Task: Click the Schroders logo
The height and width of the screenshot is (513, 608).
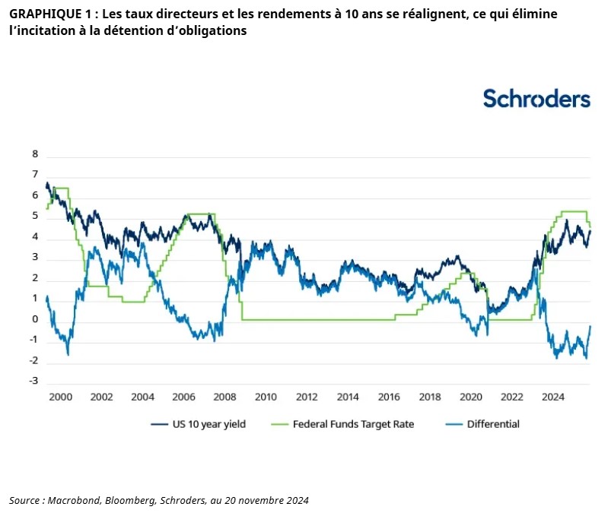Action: coord(536,99)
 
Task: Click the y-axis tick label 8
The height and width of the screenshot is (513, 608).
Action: coord(34,154)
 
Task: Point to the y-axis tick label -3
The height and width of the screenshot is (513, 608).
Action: coord(33,381)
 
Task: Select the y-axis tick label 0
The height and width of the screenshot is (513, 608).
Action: coord(34,319)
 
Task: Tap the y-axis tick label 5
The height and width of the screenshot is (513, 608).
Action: coord(34,216)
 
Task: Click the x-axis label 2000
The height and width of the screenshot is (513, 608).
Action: coord(60,397)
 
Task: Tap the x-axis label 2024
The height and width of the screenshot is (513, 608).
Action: coord(553,397)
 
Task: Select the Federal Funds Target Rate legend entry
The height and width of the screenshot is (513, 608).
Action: coord(352,424)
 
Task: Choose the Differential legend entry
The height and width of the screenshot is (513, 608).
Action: coord(493,424)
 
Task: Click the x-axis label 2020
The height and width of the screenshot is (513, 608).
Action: coord(471,397)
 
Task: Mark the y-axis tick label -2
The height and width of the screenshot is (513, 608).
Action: coord(33,360)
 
